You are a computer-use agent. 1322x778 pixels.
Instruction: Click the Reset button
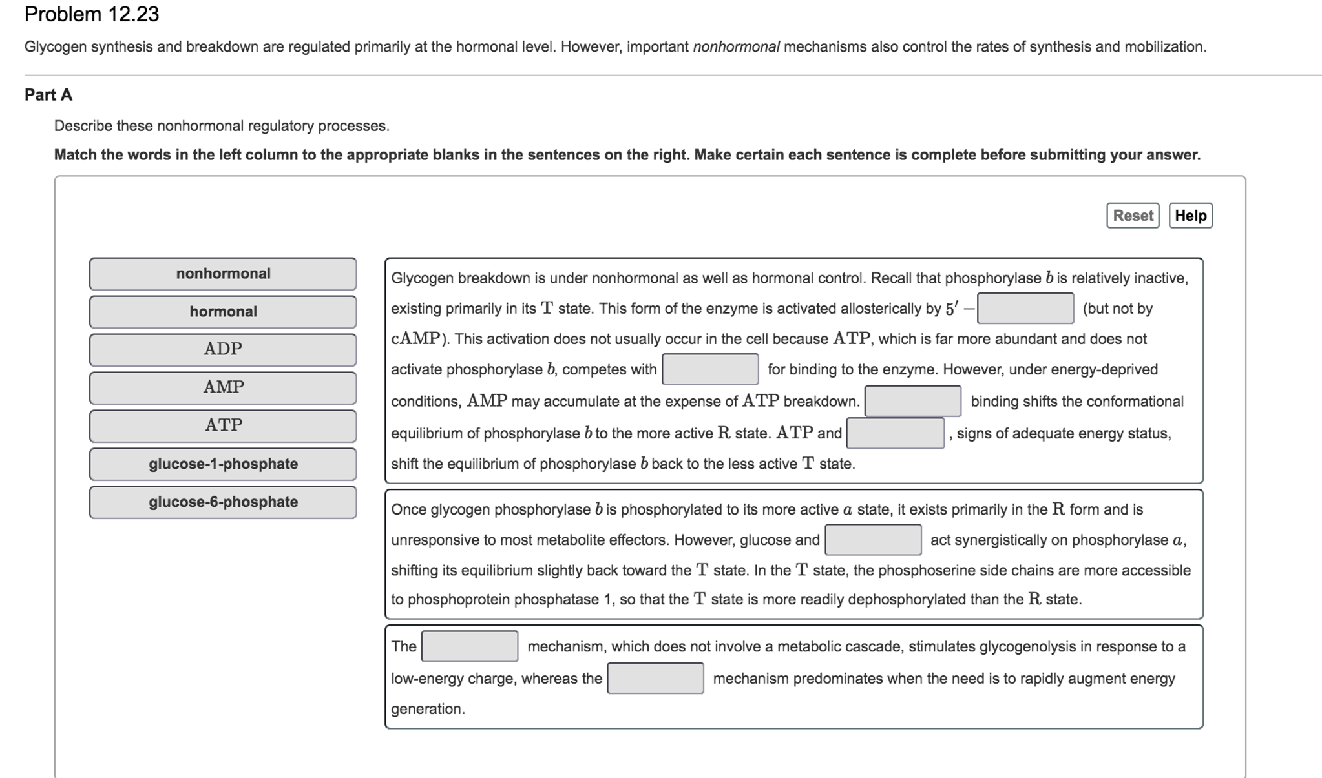point(1132,216)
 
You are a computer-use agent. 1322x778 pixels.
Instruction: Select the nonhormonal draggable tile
point(223,274)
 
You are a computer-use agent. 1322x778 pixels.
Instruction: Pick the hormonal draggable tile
point(223,312)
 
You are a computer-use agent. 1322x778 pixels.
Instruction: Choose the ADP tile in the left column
point(223,349)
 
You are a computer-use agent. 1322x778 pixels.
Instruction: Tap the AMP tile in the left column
point(223,387)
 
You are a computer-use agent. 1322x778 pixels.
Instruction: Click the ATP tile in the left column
point(223,425)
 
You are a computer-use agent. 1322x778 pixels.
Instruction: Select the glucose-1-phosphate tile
point(223,464)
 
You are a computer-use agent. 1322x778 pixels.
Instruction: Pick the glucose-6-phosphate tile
point(223,502)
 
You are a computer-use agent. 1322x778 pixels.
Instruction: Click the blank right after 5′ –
point(1025,308)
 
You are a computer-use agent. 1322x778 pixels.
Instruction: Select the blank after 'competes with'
point(710,369)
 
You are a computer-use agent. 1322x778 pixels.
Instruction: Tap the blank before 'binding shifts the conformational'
point(912,401)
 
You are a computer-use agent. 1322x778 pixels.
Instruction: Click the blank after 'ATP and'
point(895,433)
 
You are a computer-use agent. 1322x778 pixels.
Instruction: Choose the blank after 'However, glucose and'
point(873,540)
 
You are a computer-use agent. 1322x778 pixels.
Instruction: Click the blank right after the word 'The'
point(470,646)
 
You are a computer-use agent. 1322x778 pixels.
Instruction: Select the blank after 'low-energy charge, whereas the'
point(655,678)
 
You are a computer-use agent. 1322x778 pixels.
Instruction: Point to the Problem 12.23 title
point(92,14)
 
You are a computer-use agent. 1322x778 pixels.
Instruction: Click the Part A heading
point(48,95)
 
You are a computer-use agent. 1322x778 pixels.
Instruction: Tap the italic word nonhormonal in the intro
point(736,46)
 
